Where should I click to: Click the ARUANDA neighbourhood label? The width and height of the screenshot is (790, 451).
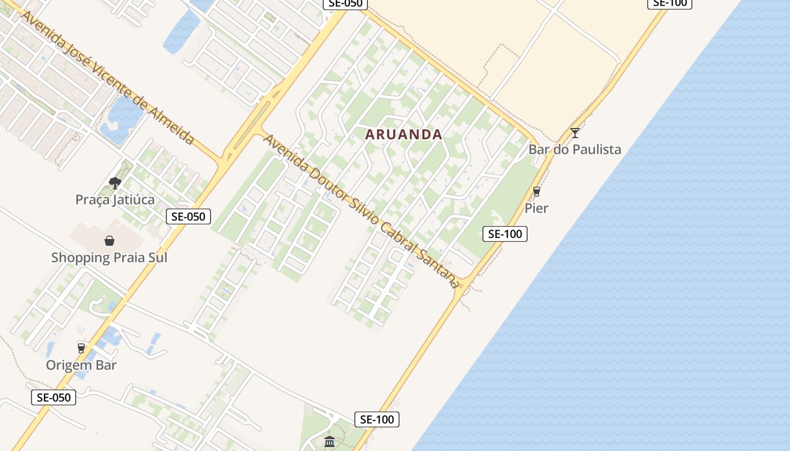point(403,135)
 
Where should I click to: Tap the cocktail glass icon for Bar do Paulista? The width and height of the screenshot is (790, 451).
point(574,133)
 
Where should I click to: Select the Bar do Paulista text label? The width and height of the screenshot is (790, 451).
point(574,149)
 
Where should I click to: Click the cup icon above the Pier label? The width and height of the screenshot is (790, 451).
point(536,192)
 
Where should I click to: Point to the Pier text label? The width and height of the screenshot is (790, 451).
point(536,208)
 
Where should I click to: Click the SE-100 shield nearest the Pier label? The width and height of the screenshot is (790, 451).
point(504,234)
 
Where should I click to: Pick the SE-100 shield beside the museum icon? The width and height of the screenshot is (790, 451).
point(377,419)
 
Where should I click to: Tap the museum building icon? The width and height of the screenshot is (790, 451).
point(330,442)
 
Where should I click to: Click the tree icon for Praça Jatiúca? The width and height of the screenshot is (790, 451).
point(115,183)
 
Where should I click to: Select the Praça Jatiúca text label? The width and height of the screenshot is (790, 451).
point(115,200)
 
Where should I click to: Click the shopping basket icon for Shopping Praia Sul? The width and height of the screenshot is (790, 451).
point(109,241)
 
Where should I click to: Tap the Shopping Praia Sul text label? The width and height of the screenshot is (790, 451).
point(109,258)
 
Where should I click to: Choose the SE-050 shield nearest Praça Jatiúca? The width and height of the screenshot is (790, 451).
point(188,216)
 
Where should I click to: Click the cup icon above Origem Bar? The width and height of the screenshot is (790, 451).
point(81,348)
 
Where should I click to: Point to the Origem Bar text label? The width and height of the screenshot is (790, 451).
point(81,365)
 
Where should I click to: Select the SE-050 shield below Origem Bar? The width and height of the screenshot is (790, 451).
point(53,397)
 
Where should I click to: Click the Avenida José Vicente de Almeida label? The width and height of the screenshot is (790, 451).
point(107,77)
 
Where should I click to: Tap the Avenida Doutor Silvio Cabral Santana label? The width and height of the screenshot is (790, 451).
point(361,211)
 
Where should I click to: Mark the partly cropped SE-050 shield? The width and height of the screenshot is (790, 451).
point(345,3)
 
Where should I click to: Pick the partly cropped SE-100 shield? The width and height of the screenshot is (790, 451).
point(669,3)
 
